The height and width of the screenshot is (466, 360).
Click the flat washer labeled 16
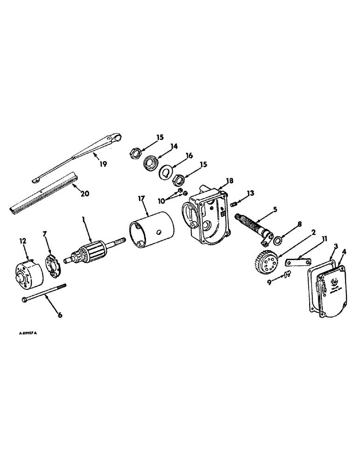coord(166,172)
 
